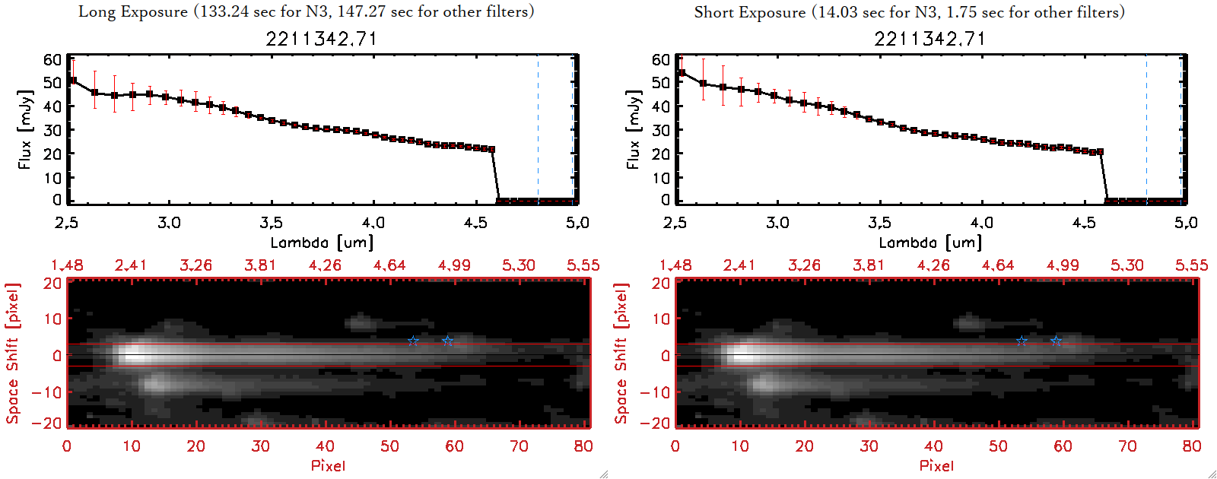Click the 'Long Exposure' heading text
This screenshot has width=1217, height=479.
point(133,11)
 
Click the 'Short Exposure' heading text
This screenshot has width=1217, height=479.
point(749,12)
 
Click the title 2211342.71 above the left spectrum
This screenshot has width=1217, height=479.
point(321,38)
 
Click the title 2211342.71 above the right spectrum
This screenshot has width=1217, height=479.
point(929,38)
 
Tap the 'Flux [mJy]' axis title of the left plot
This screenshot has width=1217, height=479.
point(25,129)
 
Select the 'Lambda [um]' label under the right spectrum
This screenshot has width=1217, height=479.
point(930,243)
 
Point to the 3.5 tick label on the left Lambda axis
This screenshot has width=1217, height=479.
point(271,223)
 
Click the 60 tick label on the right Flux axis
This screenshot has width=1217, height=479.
point(660,59)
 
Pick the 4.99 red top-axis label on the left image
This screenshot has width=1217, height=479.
point(454,265)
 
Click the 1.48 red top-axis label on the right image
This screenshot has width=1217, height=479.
point(675,265)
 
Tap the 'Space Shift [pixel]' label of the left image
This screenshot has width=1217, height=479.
point(12,354)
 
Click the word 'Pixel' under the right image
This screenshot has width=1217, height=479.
point(936,465)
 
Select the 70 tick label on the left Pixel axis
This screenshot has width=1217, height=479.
point(519,446)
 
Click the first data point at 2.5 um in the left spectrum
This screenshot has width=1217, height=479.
point(73,81)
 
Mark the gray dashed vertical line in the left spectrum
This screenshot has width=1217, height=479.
point(538,129)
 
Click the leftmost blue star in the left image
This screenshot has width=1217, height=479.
point(412,341)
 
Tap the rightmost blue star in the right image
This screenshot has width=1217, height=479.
point(1056,341)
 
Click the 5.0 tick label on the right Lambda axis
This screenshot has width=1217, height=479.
point(1186,223)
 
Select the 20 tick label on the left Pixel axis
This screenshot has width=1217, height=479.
point(195,446)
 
